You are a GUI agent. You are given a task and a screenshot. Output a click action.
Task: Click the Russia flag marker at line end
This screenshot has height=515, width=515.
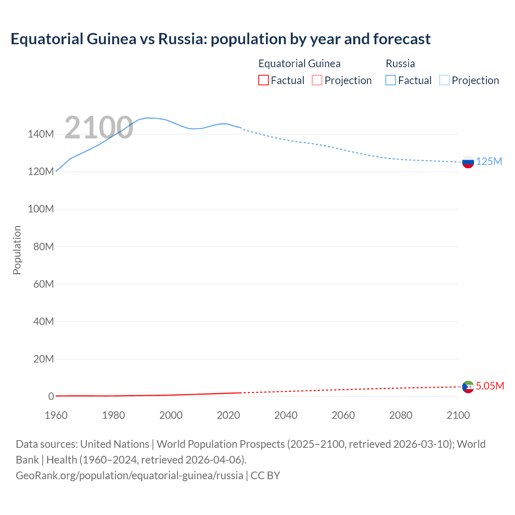pos(468,162)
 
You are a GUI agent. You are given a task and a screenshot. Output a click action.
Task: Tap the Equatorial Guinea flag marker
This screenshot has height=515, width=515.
pos(468,387)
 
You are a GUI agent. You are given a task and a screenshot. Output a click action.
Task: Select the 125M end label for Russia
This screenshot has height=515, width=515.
pos(489,161)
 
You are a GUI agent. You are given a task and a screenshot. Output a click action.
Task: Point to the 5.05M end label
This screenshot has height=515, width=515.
pos(490,386)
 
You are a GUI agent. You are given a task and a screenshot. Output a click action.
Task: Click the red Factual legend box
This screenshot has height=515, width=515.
pos(264,80)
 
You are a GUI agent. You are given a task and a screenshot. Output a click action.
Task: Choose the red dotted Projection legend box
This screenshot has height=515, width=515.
pos(317,80)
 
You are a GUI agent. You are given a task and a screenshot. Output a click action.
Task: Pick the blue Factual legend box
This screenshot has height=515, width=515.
pos(391,80)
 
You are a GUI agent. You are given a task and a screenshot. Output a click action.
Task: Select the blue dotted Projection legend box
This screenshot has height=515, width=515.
pos(445,80)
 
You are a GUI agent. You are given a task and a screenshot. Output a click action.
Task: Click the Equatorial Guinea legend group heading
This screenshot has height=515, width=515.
pos(299,64)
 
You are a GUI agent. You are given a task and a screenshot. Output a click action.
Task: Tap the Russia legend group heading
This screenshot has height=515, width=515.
pos(400,64)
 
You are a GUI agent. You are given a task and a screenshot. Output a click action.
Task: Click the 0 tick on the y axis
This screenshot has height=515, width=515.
pos(51,396)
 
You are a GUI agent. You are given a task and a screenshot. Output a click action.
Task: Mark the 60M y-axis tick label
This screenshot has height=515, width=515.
pos(43,284)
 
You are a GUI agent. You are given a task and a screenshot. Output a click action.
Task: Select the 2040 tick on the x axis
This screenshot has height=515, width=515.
pos(286,415)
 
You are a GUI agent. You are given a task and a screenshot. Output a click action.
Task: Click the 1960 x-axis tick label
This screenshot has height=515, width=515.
pos(56,415)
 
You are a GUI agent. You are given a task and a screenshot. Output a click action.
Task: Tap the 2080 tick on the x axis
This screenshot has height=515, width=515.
pos(401,415)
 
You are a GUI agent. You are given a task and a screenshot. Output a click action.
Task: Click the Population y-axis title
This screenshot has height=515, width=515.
pos(17,250)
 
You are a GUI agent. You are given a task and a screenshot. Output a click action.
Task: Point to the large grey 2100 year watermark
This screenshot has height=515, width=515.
pos(99,128)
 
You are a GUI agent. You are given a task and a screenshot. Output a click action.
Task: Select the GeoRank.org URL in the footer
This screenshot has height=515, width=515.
pos(129,475)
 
